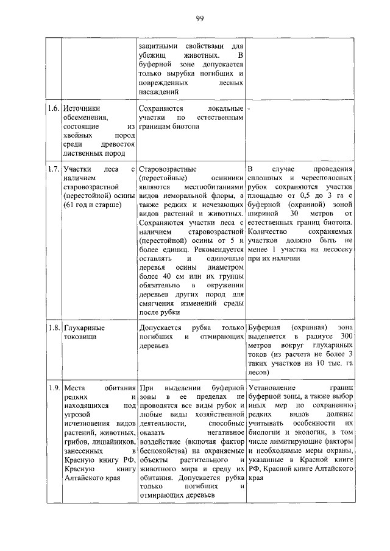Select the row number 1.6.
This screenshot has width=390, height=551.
click(x=54, y=108)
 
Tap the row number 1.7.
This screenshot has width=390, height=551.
click(x=54, y=168)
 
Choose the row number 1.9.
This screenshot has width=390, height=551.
click(x=54, y=387)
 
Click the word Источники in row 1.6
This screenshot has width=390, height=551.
click(x=82, y=108)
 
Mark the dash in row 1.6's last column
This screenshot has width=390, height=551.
click(x=250, y=108)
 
